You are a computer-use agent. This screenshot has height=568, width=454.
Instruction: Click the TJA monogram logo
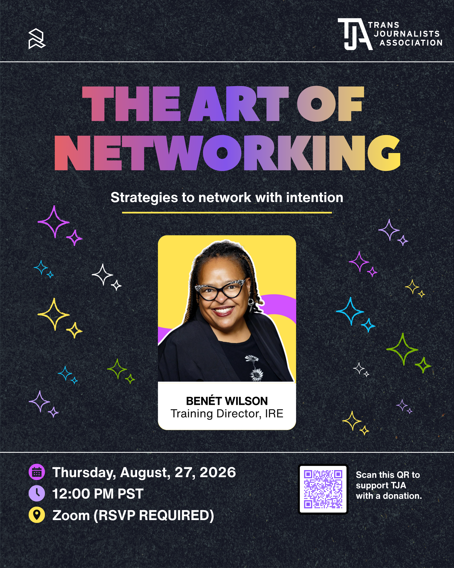(355, 34)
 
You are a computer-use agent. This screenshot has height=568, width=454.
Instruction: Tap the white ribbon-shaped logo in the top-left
(37, 39)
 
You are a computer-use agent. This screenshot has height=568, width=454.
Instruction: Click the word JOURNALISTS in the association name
(407, 34)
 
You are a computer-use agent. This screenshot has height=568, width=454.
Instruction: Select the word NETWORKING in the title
(227, 153)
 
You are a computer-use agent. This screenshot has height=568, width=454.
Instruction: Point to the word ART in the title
(239, 104)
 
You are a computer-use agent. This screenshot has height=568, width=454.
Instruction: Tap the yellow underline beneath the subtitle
(227, 212)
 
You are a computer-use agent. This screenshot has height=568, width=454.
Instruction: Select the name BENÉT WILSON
(227, 401)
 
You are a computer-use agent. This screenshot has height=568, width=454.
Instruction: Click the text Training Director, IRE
(227, 414)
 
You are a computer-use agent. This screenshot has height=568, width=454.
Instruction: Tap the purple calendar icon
(37, 472)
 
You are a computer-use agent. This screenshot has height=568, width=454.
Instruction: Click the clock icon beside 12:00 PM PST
(37, 493)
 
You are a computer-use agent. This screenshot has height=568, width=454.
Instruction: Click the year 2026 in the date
(218, 472)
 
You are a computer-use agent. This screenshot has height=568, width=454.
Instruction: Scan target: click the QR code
(323, 489)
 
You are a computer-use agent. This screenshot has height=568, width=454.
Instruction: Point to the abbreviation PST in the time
(130, 494)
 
